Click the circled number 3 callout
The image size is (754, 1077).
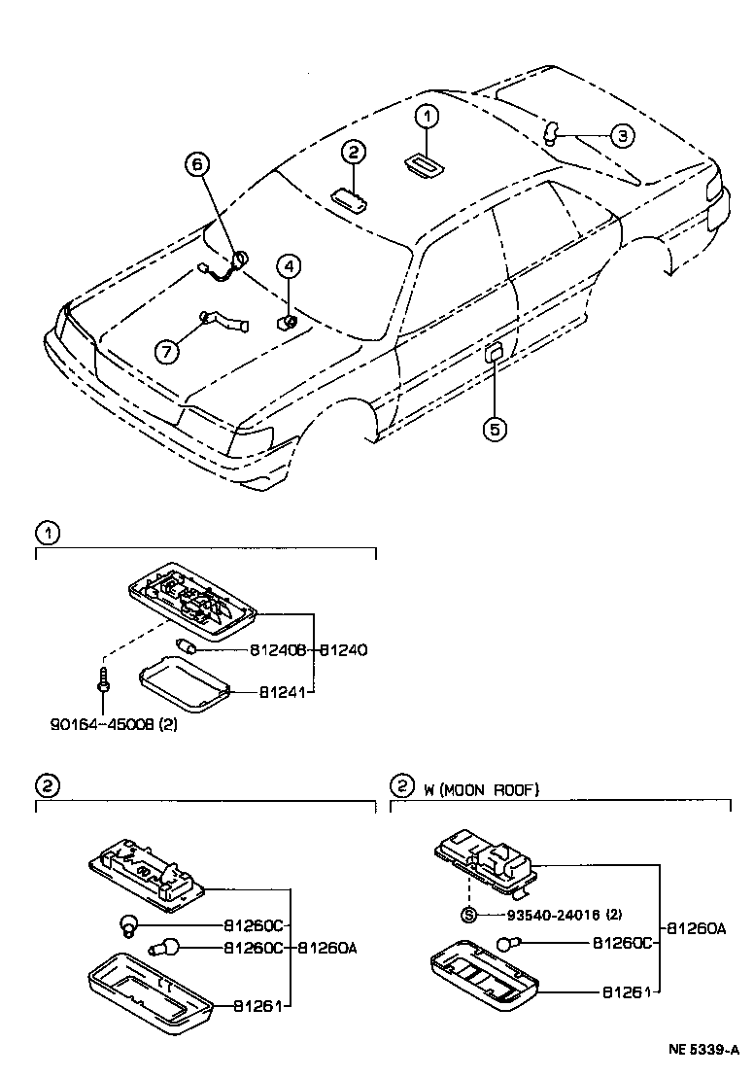point(622,135)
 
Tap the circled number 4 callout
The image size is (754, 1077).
point(289,264)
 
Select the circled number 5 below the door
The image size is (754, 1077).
point(495,428)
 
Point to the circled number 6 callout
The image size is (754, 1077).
point(197,167)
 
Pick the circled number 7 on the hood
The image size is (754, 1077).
point(166,349)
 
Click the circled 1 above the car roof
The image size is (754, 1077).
point(428,117)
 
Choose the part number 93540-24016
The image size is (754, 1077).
point(551,915)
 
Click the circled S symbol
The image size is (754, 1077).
point(467,915)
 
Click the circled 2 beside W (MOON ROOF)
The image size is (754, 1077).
point(400,786)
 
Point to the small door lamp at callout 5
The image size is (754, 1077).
point(494,352)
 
